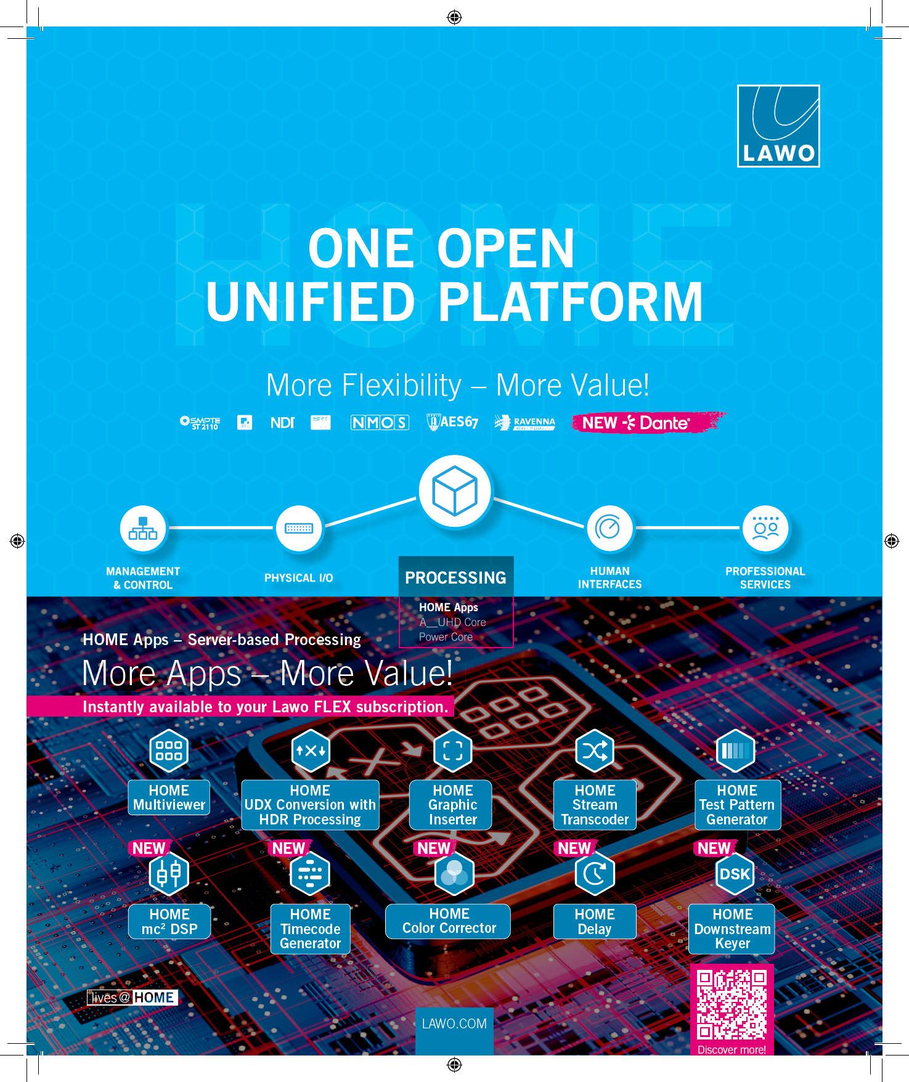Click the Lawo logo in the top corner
pos(778,126)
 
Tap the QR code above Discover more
pos(732,1004)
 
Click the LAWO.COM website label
pos(454,1023)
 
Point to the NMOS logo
pos(380,423)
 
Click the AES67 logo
pos(452,423)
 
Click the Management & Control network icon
pos(143,529)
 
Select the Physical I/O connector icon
pos(299,529)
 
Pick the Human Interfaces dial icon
pos(609,529)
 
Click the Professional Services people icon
pos(765,529)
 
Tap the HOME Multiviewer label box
pos(169,798)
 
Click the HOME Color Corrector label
pos(449,921)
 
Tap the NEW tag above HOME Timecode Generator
pos(288,848)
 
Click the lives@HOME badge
pos(132,998)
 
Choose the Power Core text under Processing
pos(446,637)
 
